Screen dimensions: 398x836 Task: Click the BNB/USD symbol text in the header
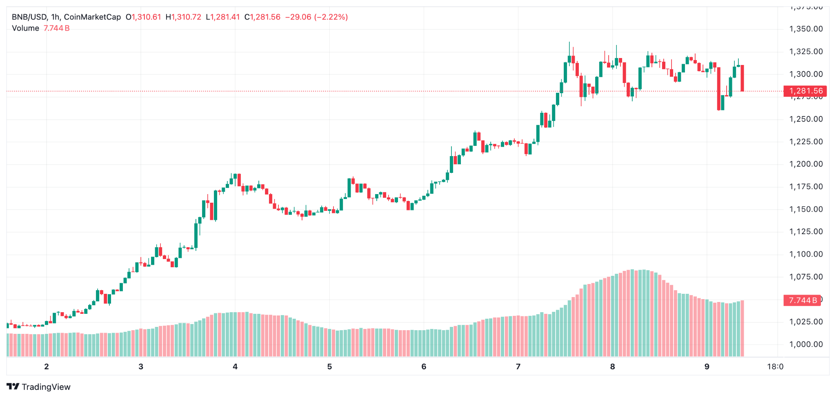pos(29,17)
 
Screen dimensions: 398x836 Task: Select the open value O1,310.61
pos(143,17)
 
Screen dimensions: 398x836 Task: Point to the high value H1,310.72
pos(183,17)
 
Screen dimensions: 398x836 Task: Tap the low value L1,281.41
pos(223,17)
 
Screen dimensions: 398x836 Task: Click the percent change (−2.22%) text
pos(331,17)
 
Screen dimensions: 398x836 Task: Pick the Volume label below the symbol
pos(25,28)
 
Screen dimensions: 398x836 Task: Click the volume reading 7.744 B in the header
pos(56,28)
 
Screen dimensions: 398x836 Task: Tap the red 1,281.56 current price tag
pos(805,91)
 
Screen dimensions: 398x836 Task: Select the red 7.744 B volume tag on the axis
pos(802,300)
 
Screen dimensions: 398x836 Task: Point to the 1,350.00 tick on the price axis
pos(806,29)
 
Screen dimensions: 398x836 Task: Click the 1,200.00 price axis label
pos(806,164)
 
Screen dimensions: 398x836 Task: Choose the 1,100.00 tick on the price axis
pos(806,254)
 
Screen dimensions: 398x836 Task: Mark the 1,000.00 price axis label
pos(806,344)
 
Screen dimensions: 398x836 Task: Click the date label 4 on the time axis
pos(235,367)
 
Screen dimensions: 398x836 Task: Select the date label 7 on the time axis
pos(518,367)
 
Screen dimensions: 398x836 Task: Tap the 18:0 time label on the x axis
pos(775,367)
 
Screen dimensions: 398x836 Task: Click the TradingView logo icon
pos(13,387)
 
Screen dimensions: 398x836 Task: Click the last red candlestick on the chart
pos(742,78)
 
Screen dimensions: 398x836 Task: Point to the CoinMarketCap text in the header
pos(92,17)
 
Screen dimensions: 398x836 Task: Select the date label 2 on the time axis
pos(47,367)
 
